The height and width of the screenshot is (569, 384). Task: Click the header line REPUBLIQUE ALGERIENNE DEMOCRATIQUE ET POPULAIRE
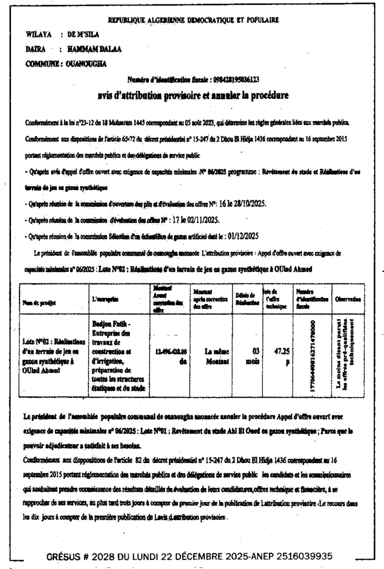point(193,20)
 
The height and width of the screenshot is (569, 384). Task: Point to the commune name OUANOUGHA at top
point(86,63)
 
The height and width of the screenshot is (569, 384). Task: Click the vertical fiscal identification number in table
point(314,354)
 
